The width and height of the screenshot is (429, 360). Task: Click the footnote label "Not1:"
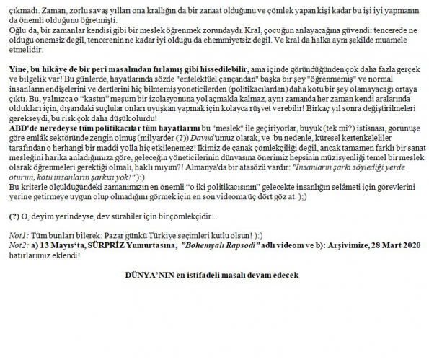(19, 236)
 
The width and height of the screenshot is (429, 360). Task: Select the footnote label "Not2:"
(19, 245)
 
